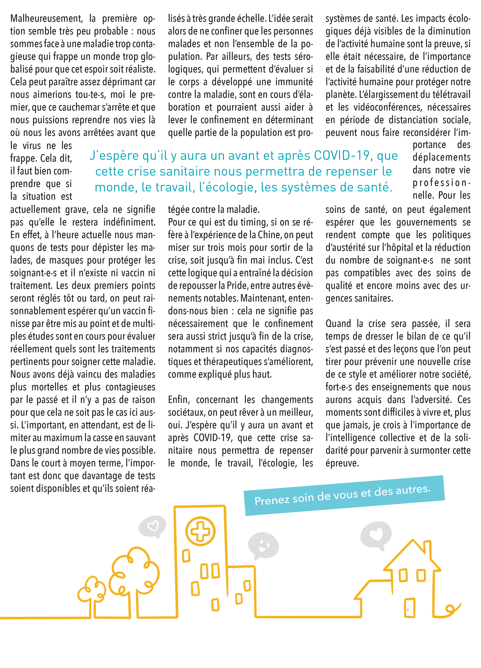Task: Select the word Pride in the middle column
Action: pos(234,286)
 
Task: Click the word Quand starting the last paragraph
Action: pos(338,324)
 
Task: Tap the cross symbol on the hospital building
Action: pos(200,531)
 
